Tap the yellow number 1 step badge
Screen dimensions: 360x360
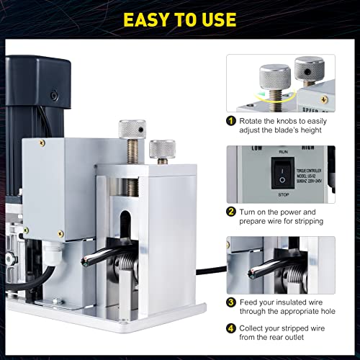pyautogui.click(x=231, y=122)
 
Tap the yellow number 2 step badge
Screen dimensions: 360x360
pyautogui.click(x=231, y=212)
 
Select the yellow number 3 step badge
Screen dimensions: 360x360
pyautogui.click(x=231, y=302)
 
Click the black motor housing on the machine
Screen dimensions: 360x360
pyautogui.click(x=36, y=86)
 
